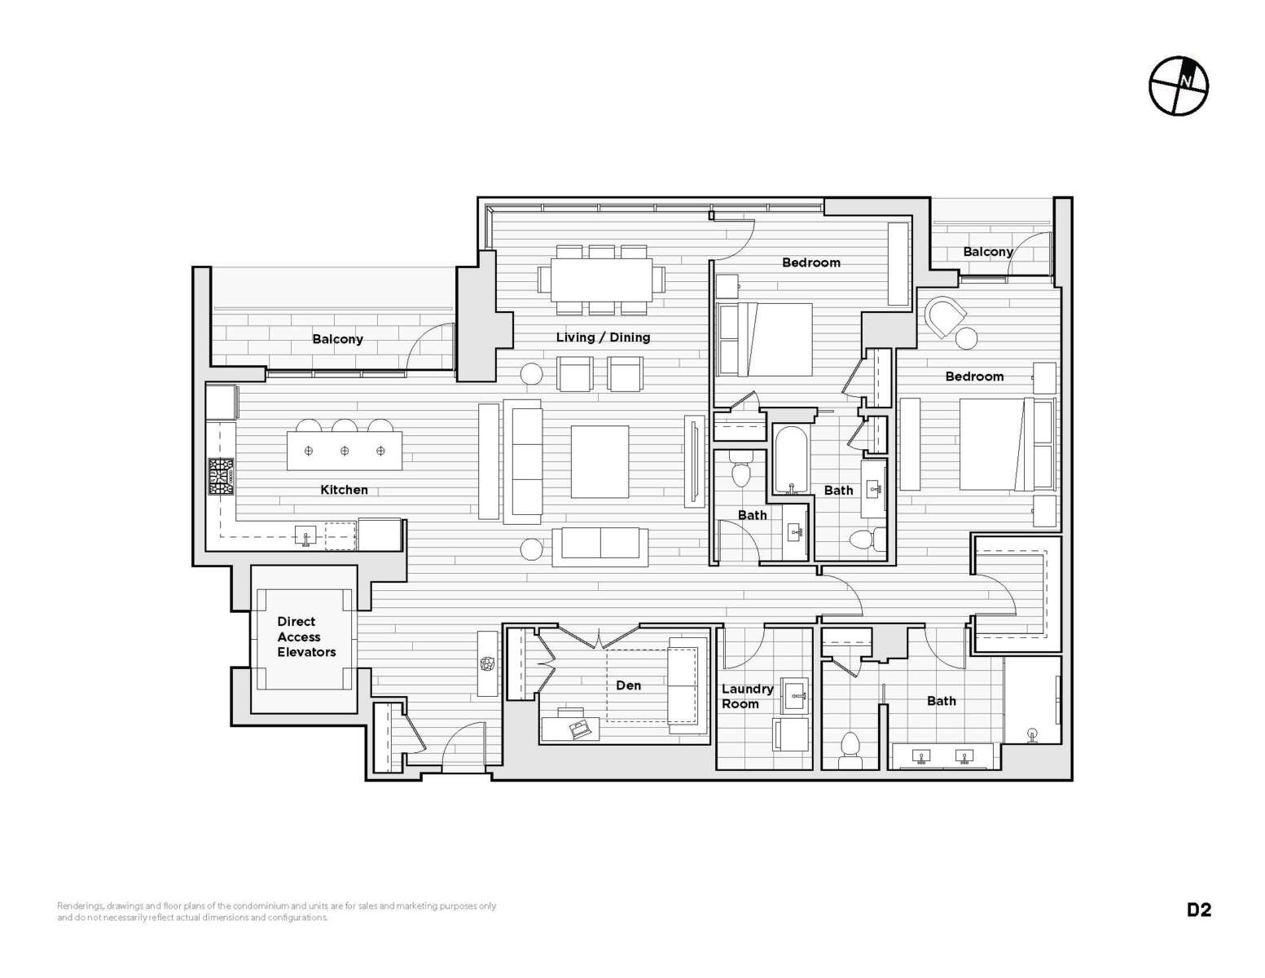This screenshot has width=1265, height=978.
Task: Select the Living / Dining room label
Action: pyautogui.click(x=603, y=337)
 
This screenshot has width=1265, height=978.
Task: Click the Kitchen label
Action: pyautogui.click(x=344, y=490)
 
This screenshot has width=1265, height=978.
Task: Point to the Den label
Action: pyautogui.click(x=628, y=685)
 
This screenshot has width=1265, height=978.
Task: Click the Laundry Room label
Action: pyautogui.click(x=747, y=696)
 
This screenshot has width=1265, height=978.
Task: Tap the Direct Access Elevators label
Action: pyautogui.click(x=305, y=637)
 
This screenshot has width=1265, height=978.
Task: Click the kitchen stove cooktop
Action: pyautogui.click(x=222, y=477)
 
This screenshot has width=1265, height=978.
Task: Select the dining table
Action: pyautogui.click(x=601, y=279)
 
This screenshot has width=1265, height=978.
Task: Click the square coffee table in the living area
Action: pyautogui.click(x=600, y=462)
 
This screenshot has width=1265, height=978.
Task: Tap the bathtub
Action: pyautogui.click(x=791, y=460)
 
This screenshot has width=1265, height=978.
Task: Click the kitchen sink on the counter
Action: pyautogui.click(x=305, y=535)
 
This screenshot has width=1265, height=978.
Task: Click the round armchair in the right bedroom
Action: pyautogui.click(x=944, y=316)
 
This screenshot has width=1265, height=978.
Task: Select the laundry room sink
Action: pyautogui.click(x=794, y=695)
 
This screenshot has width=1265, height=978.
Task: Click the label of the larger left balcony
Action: pyautogui.click(x=337, y=339)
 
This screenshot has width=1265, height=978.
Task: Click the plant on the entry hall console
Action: pyautogui.click(x=487, y=663)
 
